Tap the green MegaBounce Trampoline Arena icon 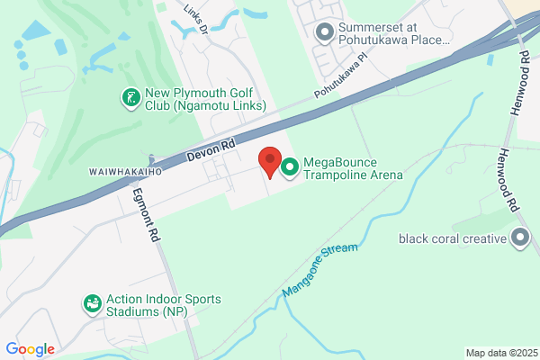pos(291,166)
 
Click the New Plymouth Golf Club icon pos(131,96)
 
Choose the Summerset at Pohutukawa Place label pos(393,33)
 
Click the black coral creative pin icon pos(519,238)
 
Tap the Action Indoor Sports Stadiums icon pos(92,305)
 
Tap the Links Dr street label pos(195,17)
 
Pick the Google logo pos(30,348)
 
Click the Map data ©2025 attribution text pos(500,353)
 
